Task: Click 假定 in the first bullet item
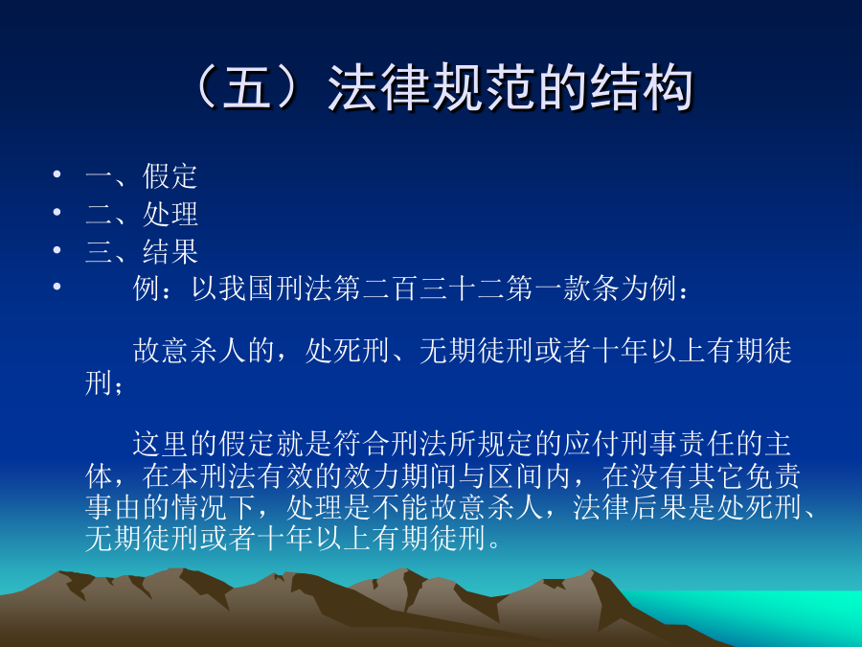[x=170, y=176]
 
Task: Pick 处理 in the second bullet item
[x=170, y=214]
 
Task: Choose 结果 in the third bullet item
[x=170, y=251]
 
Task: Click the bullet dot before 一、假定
[x=57, y=174]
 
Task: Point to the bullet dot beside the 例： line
[x=57, y=286]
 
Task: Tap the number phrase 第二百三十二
[x=419, y=289]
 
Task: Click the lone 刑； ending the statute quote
[x=103, y=382]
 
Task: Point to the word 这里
[x=161, y=444]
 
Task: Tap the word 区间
[x=516, y=475]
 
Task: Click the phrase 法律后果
[x=630, y=507]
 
